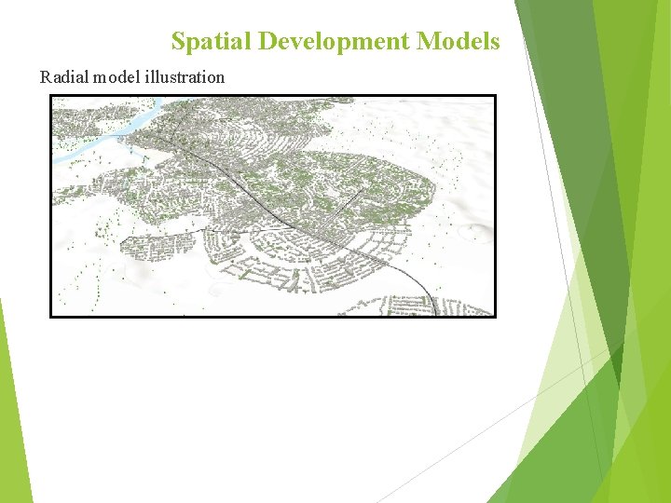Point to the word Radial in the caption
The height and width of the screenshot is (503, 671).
(62, 77)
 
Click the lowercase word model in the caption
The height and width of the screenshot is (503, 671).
(114, 77)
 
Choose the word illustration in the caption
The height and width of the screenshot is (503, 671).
(185, 77)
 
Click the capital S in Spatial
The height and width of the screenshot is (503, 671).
(178, 42)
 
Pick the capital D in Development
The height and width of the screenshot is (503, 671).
(267, 42)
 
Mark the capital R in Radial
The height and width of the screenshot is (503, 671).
(45, 77)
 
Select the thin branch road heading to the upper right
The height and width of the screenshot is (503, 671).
(349, 199)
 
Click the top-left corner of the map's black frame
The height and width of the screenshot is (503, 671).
(51, 96)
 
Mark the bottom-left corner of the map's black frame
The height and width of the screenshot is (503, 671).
(51, 316)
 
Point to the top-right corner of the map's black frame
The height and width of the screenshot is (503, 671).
(495, 96)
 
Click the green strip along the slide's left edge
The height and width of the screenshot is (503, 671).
(13, 419)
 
